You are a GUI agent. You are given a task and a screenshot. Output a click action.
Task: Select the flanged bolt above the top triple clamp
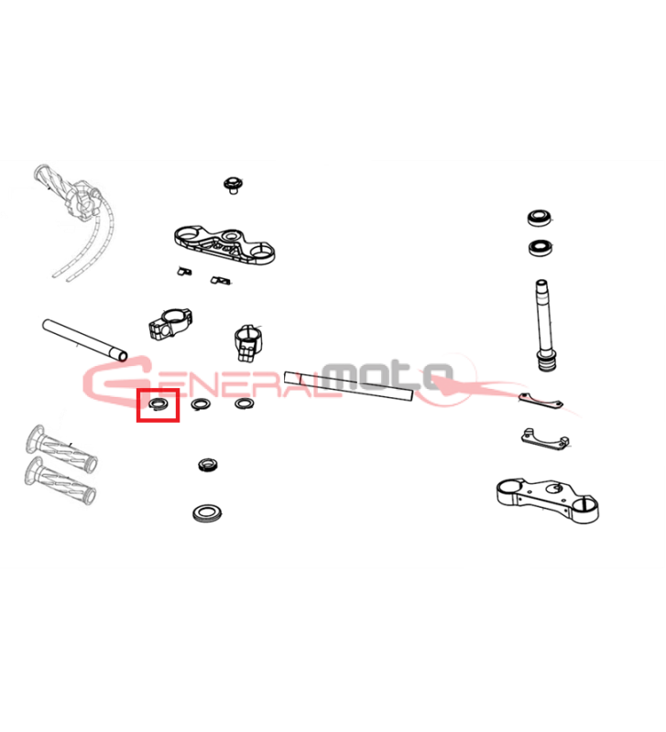233,185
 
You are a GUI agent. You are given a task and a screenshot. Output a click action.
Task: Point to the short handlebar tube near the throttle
84,339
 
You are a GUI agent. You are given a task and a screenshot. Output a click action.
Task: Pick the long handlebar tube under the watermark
349,385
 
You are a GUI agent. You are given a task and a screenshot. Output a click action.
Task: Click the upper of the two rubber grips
61,447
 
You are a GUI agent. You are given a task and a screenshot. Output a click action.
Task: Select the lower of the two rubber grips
60,481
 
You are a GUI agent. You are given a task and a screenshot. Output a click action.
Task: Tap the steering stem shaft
544,326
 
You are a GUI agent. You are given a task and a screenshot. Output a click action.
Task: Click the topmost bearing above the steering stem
540,218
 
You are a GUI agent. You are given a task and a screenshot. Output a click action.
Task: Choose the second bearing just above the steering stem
541,248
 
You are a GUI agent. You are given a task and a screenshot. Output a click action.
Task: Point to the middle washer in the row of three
201,404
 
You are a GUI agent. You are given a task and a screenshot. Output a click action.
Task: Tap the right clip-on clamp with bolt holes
247,343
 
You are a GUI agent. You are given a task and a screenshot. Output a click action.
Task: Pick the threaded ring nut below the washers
208,465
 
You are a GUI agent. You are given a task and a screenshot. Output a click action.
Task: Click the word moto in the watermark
388,375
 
